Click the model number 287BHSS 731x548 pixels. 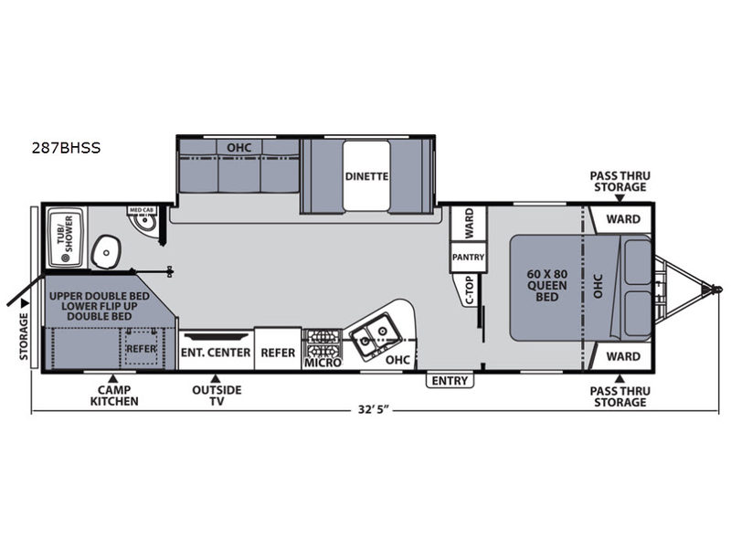66,148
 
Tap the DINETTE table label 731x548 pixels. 366,176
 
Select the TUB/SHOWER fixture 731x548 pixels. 66,238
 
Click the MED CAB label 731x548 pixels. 142,210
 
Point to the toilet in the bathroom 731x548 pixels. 106,252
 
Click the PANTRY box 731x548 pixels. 468,257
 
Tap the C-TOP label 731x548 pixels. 470,290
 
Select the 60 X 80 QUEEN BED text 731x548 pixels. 546,285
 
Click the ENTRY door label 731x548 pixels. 450,381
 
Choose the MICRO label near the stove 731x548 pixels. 323,362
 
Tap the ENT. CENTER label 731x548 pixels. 216,353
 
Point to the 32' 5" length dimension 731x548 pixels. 374,409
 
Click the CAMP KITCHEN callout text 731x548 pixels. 114,395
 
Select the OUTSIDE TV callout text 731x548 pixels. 217,395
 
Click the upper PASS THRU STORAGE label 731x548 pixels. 620,181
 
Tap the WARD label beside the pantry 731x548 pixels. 469,222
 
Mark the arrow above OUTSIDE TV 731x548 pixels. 216,378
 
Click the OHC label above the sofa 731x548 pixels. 238,148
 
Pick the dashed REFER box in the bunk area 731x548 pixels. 142,348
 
